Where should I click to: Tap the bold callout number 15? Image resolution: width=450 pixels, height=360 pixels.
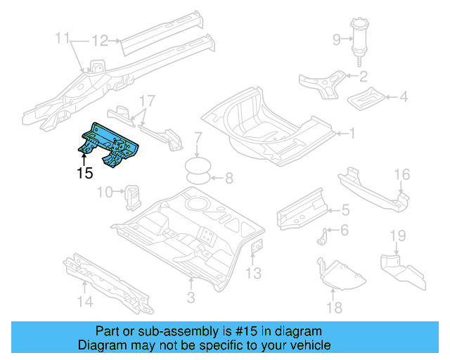pyautogui.click(x=84, y=173)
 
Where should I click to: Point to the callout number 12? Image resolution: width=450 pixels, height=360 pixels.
pyautogui.click(x=100, y=41)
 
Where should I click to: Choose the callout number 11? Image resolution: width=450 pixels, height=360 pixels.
pyautogui.click(x=63, y=37)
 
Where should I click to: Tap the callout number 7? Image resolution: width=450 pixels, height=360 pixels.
pyautogui.click(x=229, y=178)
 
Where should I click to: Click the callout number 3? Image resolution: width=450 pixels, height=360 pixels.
pyautogui.click(x=190, y=299)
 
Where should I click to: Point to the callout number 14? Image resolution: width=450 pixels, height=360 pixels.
pyautogui.click(x=84, y=302)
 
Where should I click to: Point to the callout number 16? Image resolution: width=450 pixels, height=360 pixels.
pyautogui.click(x=401, y=174)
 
